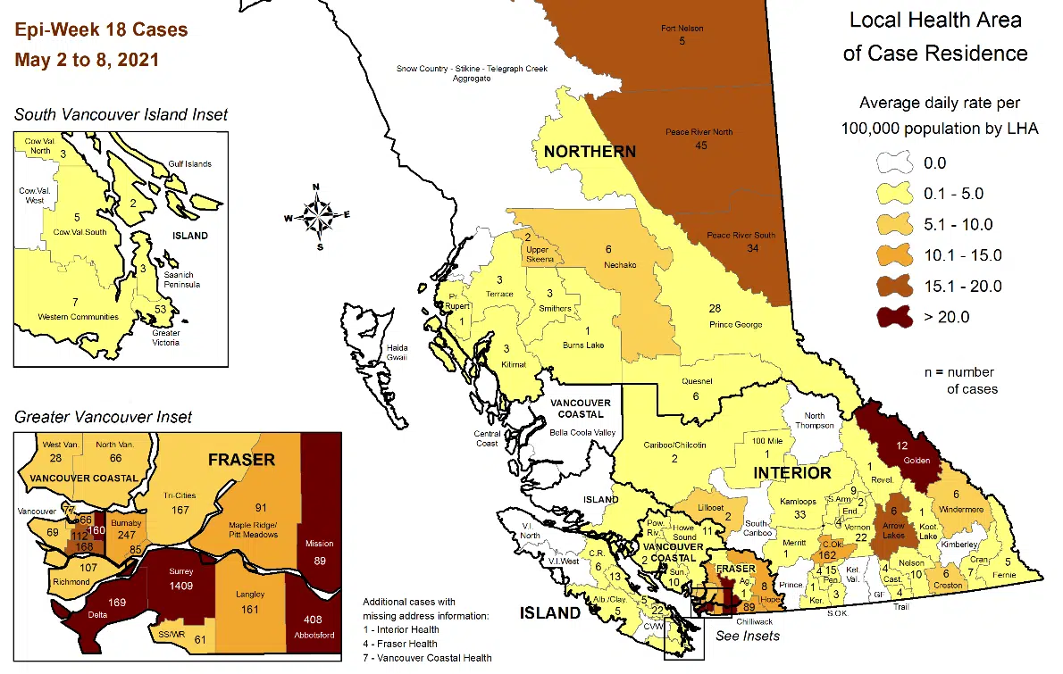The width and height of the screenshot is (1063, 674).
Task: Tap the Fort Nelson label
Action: pos(682,29)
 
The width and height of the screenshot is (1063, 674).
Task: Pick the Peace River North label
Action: pos(699,132)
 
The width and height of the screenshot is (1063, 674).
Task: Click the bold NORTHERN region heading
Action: pos(590,152)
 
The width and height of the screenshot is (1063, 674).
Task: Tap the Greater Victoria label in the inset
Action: pos(165,337)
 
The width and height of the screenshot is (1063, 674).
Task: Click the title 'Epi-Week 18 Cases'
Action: pos(101,30)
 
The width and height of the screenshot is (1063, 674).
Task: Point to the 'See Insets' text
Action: pos(748,636)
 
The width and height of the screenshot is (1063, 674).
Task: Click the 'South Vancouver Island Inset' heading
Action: pos(121,114)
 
